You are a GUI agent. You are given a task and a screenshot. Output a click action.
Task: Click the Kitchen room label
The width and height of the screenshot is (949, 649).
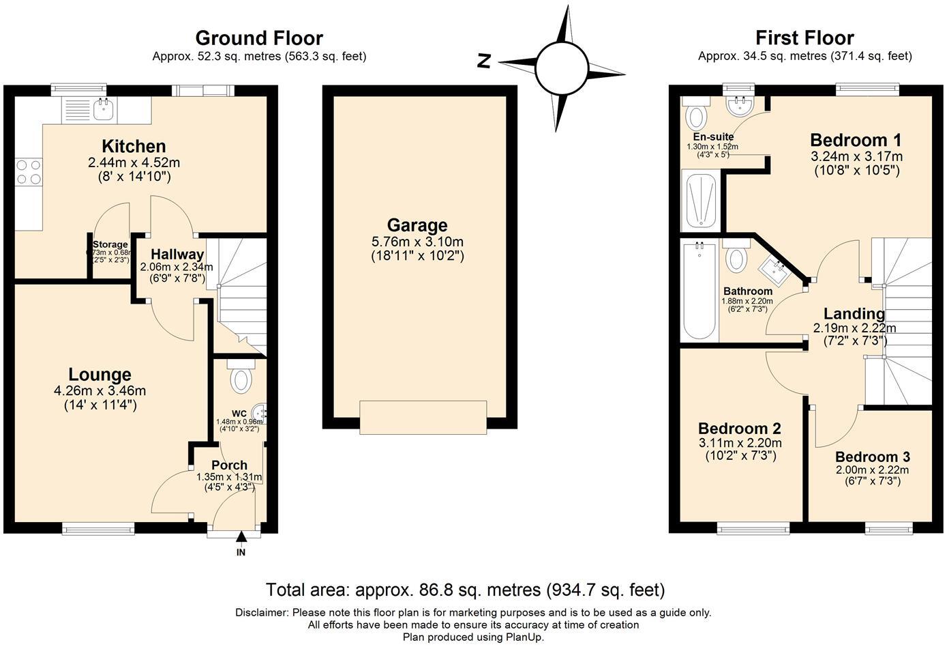point(134,146)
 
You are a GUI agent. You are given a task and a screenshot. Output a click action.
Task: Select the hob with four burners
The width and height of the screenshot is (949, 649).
point(28,171)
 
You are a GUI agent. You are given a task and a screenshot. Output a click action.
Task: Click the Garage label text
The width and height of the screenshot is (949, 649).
point(417,225)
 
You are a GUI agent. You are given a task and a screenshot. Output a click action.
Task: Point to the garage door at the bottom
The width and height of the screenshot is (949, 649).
point(423,417)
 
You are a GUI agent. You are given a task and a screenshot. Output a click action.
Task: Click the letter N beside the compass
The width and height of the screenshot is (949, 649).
point(484,61)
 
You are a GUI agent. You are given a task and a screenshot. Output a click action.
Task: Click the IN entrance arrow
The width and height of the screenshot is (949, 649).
point(241,538)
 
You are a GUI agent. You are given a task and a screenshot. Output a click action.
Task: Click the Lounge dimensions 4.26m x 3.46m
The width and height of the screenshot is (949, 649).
point(100,391)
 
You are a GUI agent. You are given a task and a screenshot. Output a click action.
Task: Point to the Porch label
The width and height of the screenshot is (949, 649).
point(229,465)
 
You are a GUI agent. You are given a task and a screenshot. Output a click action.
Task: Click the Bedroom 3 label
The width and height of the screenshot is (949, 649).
point(872,457)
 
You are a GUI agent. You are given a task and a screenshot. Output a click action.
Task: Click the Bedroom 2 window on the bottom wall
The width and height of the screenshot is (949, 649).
point(753,528)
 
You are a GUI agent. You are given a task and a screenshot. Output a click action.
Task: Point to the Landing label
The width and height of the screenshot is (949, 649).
point(854,314)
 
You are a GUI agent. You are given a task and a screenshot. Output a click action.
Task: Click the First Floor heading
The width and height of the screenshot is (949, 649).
point(804,38)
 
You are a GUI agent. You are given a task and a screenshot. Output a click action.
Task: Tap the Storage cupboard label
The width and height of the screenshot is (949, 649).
point(110,244)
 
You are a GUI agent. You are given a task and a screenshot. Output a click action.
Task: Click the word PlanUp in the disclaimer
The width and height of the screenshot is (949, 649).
point(524,637)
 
